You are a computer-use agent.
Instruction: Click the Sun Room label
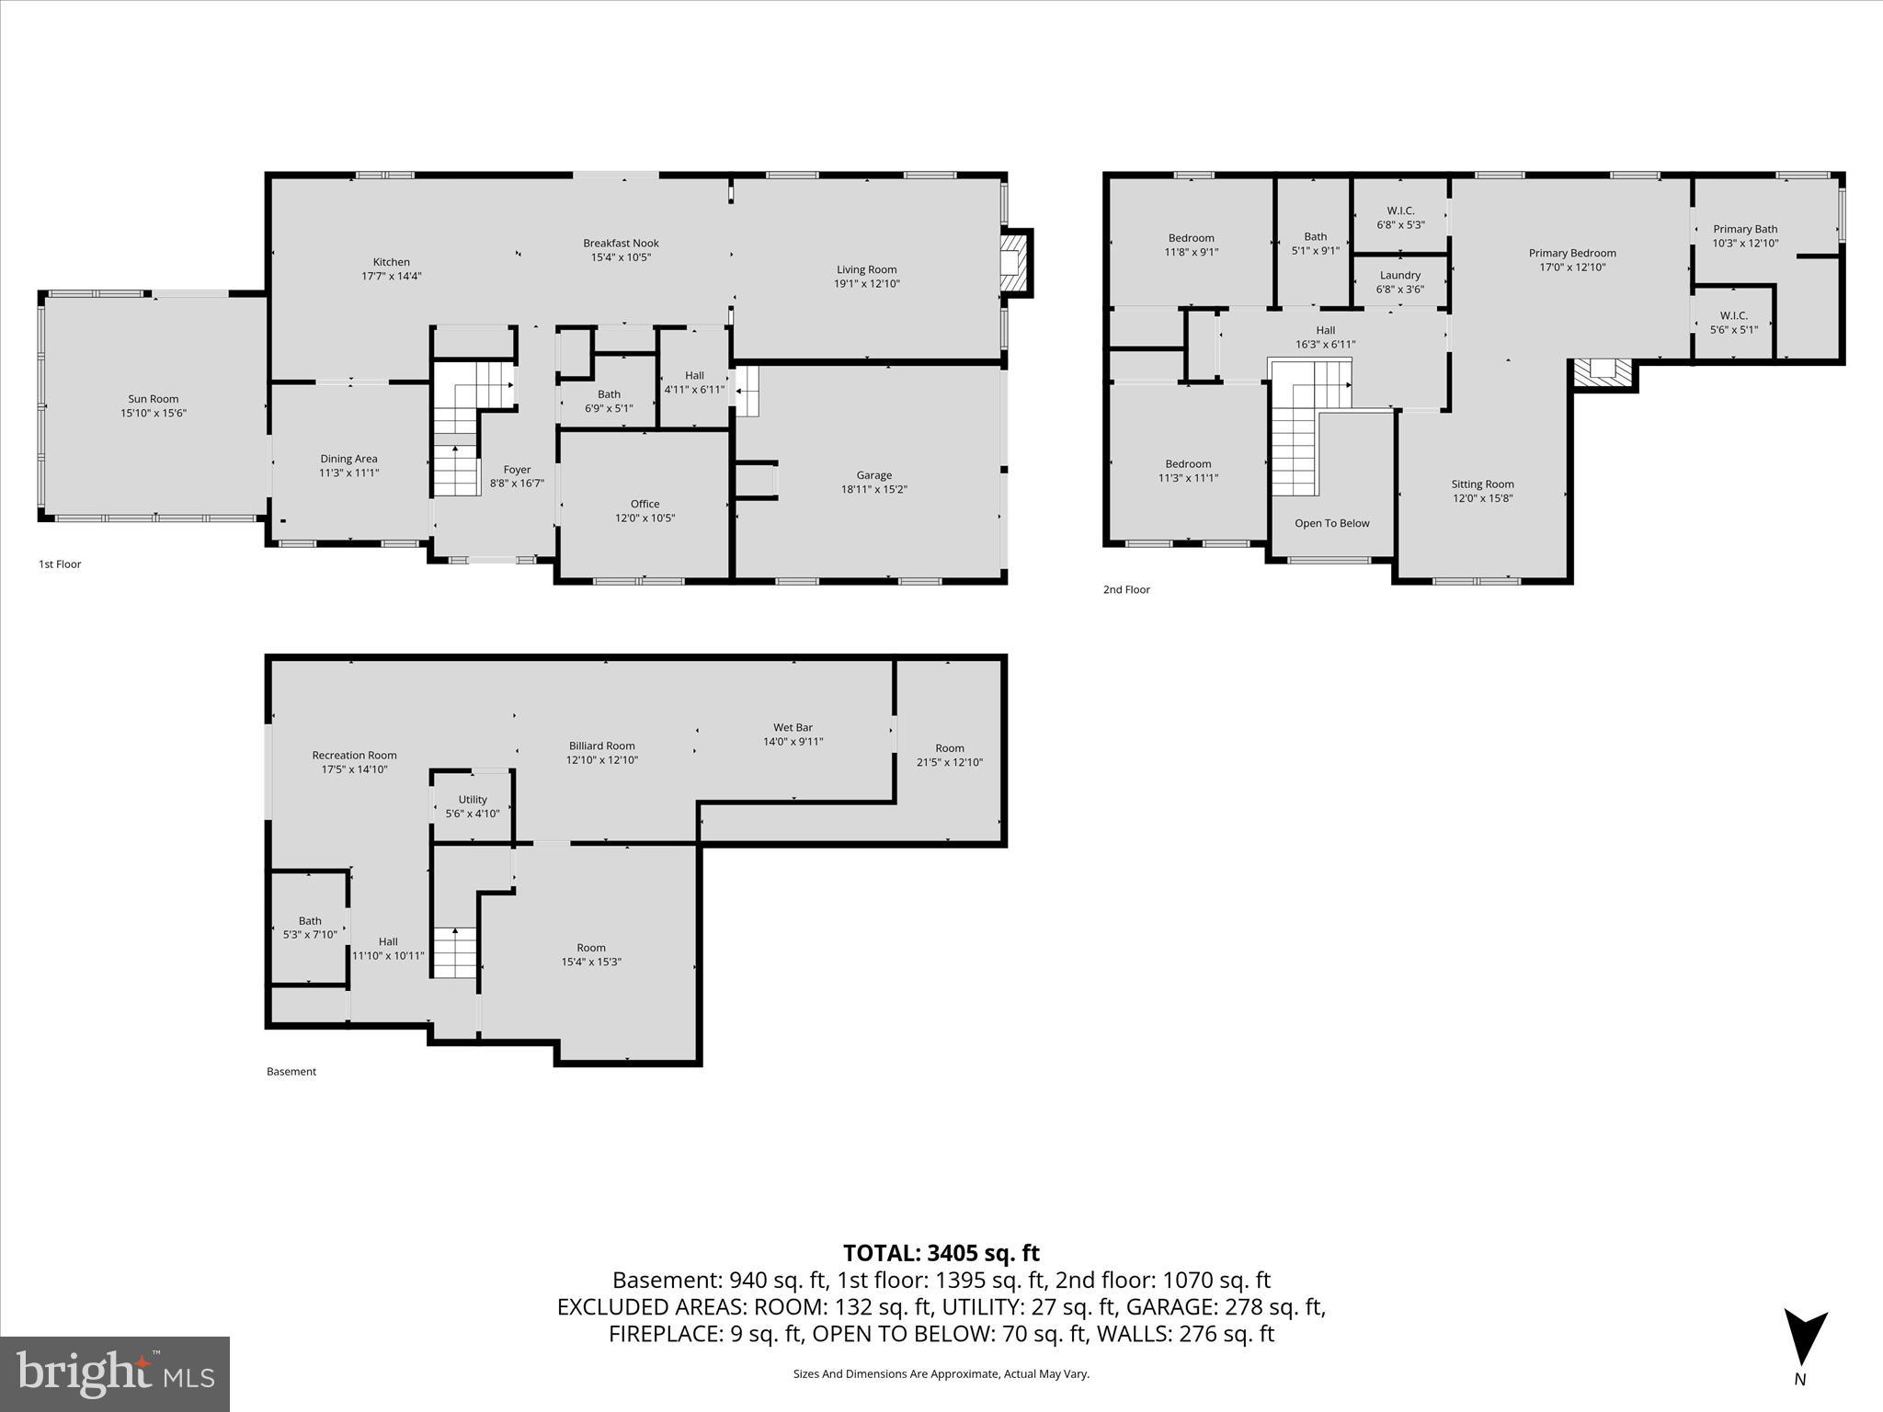(x=153, y=399)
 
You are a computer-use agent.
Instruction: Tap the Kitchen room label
(x=391, y=262)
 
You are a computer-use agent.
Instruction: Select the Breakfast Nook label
(x=621, y=244)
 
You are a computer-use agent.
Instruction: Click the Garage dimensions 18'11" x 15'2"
(x=873, y=490)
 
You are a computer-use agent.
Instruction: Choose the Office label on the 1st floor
(x=645, y=504)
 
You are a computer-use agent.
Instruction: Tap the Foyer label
(x=517, y=470)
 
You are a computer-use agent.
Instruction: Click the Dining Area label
(x=348, y=459)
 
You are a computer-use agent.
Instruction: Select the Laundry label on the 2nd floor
(x=1399, y=275)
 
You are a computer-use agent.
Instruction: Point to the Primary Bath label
(x=1745, y=229)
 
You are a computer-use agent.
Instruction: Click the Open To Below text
(x=1331, y=523)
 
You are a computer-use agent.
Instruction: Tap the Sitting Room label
(x=1482, y=484)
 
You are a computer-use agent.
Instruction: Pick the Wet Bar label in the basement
(x=793, y=727)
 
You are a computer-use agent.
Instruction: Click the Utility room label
(x=473, y=800)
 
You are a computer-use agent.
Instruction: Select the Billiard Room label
(x=601, y=746)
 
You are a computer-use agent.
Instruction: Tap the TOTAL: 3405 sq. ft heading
(x=941, y=1253)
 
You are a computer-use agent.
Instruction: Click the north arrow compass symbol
(x=1805, y=1341)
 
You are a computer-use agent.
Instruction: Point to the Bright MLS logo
(x=115, y=1373)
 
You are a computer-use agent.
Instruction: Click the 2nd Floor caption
(x=1126, y=589)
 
